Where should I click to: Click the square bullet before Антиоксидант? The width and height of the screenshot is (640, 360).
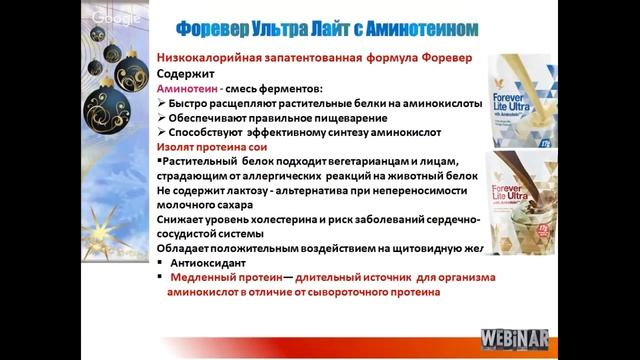(x=161, y=264)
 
